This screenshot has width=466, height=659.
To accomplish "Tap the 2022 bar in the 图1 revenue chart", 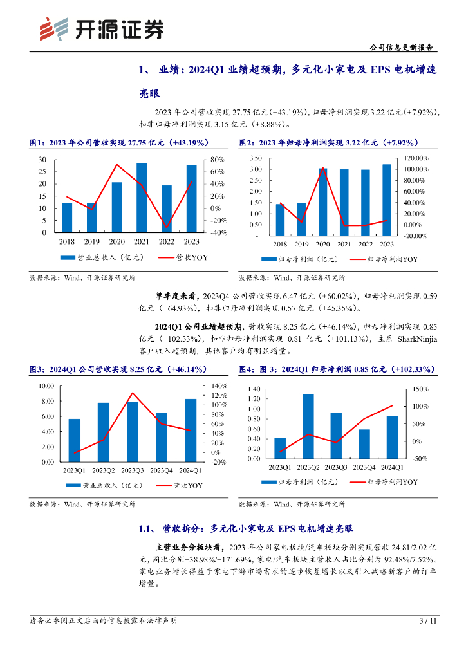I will (x=166, y=209).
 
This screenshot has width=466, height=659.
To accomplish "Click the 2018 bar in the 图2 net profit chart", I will (x=280, y=219).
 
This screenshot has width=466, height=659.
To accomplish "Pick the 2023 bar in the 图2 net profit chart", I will (x=386, y=200).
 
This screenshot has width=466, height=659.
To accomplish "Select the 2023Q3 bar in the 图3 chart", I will (x=133, y=432).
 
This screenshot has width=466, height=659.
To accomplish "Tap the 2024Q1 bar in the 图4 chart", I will (x=392, y=438).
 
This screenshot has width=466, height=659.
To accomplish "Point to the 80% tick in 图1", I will (x=216, y=159).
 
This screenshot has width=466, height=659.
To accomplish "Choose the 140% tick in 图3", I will (x=219, y=385).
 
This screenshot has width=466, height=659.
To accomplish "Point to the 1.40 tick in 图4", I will (x=253, y=389).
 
